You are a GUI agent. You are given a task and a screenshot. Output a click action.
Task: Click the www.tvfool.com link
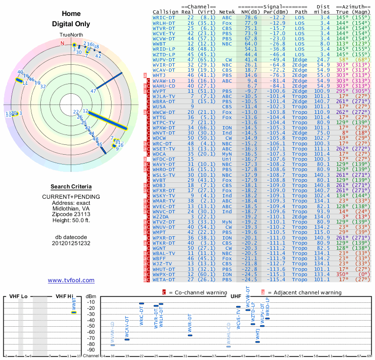pos(71,280)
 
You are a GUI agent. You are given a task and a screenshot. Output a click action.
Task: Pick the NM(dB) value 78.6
pos(250,17)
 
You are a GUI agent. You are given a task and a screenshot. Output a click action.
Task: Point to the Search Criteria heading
pos(71,187)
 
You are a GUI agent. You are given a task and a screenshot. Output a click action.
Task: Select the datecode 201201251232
pos(71,243)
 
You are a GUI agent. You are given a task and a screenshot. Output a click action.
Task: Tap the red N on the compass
pos(62,43)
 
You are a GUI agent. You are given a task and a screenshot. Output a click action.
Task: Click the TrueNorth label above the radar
pos(71,35)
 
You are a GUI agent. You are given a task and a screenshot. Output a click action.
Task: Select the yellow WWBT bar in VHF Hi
pos(74,312)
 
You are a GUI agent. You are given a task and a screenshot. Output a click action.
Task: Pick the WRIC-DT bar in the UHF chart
pos(142,304)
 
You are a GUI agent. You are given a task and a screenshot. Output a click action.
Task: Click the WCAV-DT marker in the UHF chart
pos(127,339)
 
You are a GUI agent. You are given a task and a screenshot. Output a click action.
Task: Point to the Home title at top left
pos(71,14)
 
